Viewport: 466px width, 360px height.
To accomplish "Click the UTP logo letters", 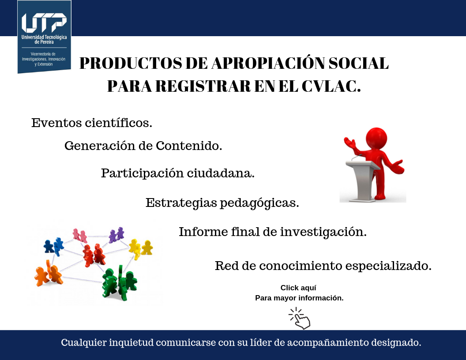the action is click(x=44, y=22).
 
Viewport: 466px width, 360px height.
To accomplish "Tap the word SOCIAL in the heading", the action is click(x=358, y=63).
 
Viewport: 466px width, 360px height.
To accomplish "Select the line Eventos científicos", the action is click(x=92, y=123).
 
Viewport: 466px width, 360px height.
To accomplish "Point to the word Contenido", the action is click(x=189, y=146).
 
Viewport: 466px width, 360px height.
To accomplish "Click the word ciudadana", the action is click(x=221, y=173).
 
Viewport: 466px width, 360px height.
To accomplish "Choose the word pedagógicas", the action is click(x=259, y=203).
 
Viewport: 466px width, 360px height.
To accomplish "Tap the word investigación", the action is click(x=323, y=232).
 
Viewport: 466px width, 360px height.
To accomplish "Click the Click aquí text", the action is click(x=298, y=288).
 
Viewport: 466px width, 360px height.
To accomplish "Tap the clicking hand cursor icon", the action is click(x=300, y=319).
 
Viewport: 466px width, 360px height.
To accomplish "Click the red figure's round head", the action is click(x=376, y=139).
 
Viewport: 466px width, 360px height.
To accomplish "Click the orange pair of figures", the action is click(x=49, y=273).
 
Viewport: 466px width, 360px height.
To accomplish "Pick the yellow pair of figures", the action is click(x=141, y=248).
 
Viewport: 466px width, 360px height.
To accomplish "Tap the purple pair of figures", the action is click(x=116, y=235).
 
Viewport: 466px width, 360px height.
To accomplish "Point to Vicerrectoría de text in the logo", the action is click(x=43, y=54).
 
